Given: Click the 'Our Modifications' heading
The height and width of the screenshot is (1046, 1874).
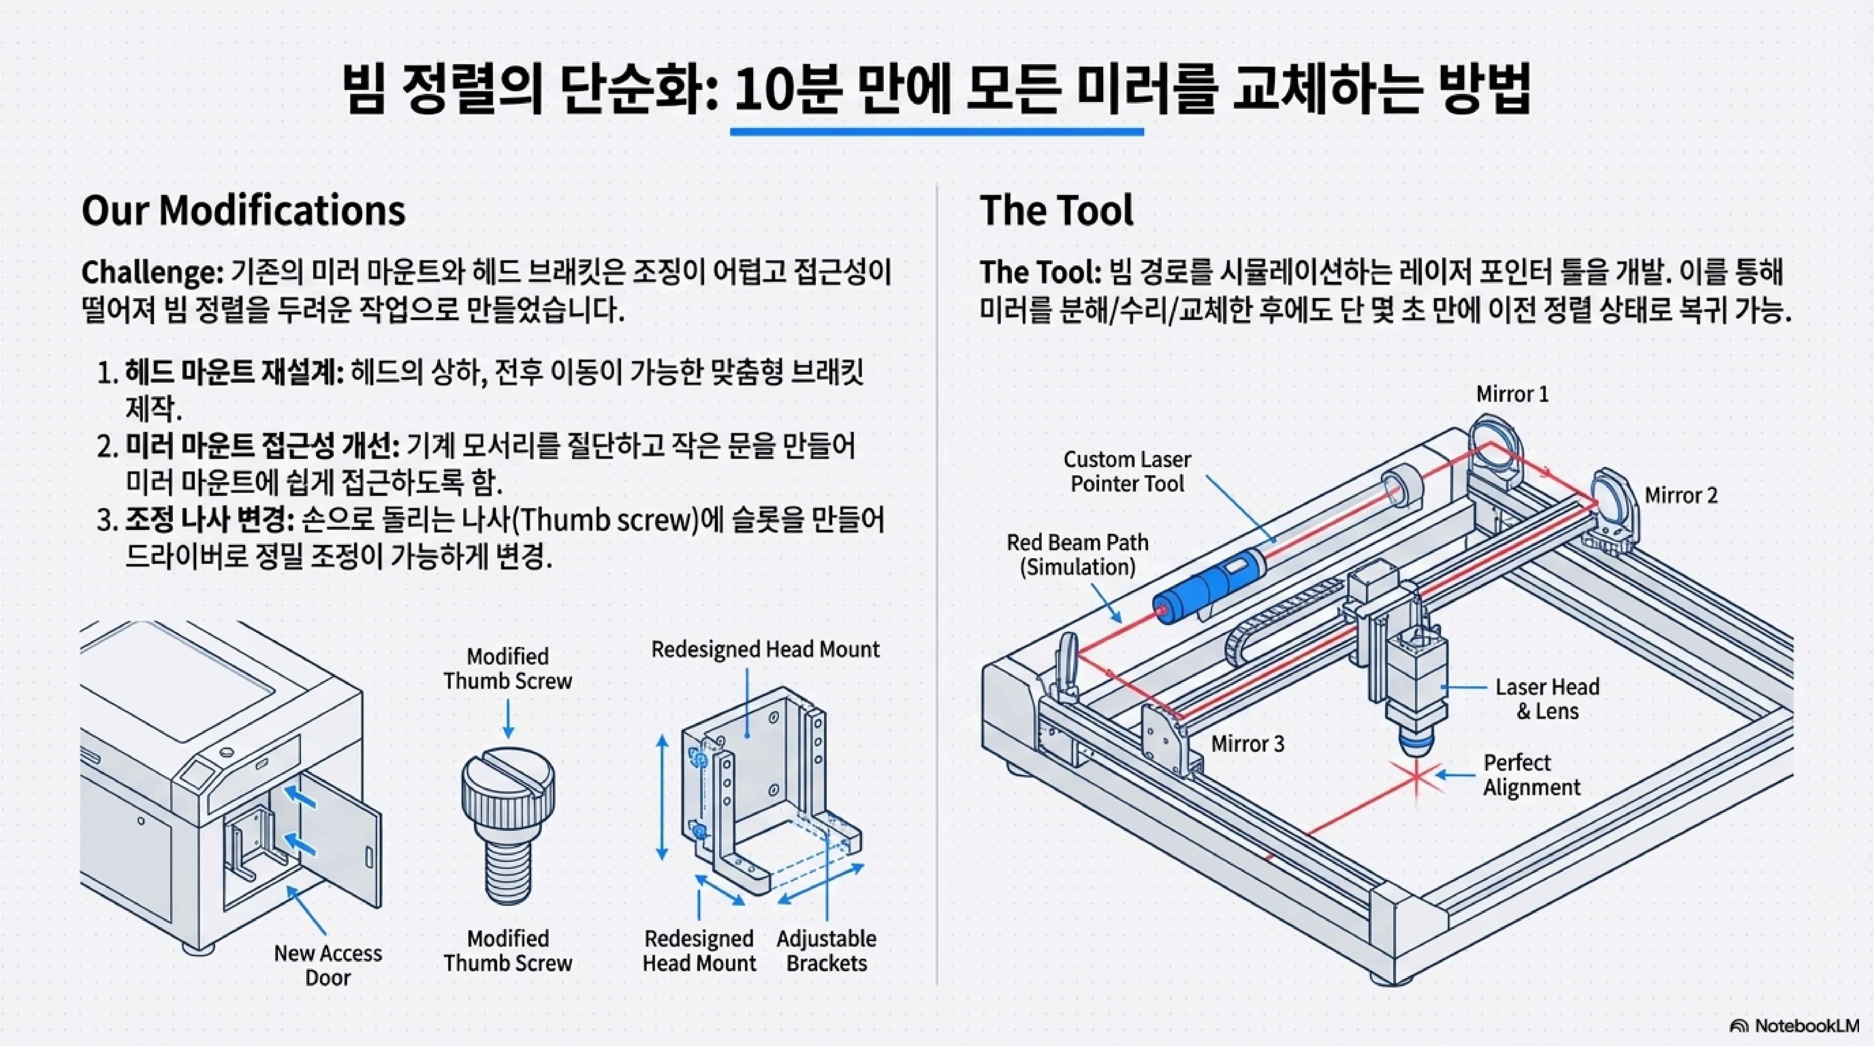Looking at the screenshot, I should pos(243,211).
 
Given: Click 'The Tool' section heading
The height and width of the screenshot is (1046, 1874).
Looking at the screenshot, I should pos(1056,211).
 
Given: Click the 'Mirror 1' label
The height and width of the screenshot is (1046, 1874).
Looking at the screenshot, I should pos(1512,394).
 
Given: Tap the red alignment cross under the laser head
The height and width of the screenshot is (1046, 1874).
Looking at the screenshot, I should pos(1416,777).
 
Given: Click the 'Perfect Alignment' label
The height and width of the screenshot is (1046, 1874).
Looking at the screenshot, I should pos(1531,775).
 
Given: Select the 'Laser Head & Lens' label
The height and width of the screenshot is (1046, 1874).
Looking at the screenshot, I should pos(1547,699).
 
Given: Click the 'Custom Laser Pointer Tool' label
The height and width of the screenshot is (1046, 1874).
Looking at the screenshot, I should pos(1127,471).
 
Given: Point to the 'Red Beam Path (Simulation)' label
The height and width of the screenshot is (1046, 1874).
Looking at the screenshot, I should pos(1077,554).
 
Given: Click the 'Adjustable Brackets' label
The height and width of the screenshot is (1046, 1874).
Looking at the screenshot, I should pos(826,951).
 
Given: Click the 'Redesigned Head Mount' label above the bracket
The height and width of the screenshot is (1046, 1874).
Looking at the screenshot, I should pos(765,649).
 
